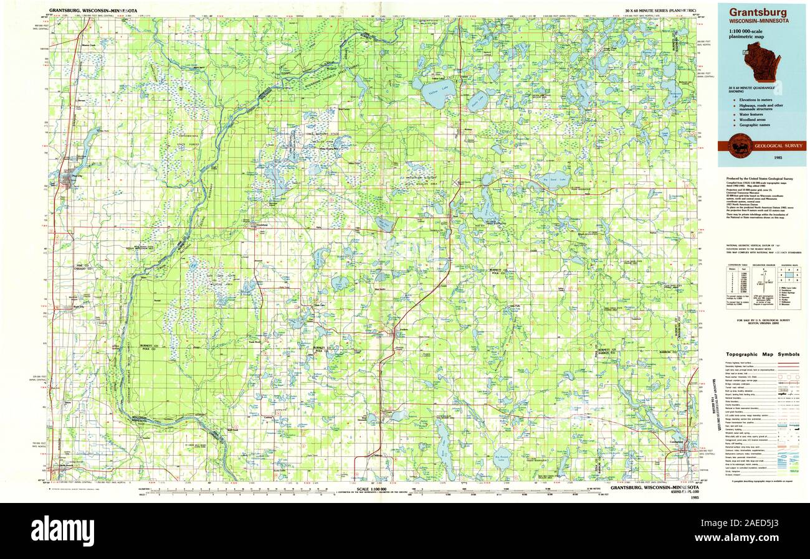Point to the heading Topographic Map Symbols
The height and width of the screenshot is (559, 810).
pos(763,354)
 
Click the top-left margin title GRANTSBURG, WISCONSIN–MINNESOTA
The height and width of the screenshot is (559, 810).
pos(93,11)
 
